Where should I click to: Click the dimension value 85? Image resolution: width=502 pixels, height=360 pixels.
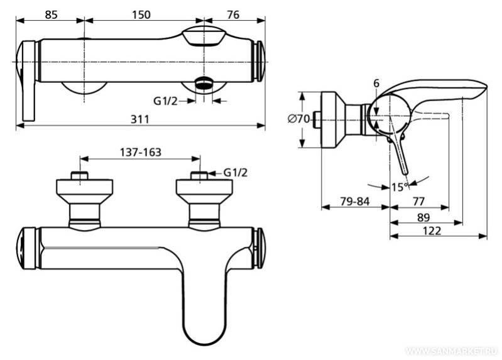pyautogui.click(x=51, y=14)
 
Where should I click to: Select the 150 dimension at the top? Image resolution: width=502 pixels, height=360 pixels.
pyautogui.click(x=141, y=14)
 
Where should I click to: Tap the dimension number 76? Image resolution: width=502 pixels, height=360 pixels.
pyautogui.click(x=233, y=14)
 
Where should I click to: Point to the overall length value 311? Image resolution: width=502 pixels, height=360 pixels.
pyautogui.click(x=140, y=119)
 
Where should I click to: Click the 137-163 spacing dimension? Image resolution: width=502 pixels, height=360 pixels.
pyautogui.click(x=141, y=152)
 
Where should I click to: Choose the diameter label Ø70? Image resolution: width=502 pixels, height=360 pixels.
pyautogui.click(x=298, y=119)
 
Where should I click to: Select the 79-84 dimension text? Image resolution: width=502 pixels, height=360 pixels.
pyautogui.click(x=355, y=202)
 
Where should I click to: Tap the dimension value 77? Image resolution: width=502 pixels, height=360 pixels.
pyautogui.click(x=418, y=202)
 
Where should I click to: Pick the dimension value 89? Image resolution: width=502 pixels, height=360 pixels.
pyautogui.click(x=423, y=217)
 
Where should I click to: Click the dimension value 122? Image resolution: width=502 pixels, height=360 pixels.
pyautogui.click(x=432, y=231)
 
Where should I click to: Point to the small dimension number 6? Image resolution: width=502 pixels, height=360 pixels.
pyautogui.click(x=376, y=84)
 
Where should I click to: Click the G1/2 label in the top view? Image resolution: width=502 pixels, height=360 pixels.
pyautogui.click(x=165, y=101)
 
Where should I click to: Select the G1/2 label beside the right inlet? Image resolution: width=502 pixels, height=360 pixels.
pyautogui.click(x=236, y=173)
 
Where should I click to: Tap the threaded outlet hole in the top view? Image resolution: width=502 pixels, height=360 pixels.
pyautogui.click(x=204, y=84)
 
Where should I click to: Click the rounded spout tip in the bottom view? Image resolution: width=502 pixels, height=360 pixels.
pyautogui.click(x=205, y=333)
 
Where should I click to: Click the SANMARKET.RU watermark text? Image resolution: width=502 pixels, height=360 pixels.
pyautogui.click(x=452, y=351)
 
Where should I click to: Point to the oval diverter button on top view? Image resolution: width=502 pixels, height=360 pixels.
pyautogui.click(x=204, y=36)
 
